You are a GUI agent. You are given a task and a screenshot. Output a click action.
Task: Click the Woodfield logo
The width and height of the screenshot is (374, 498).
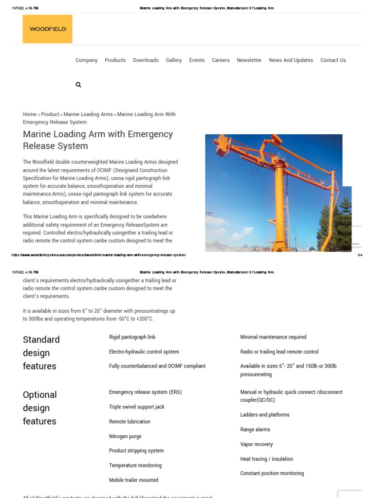pos(47,29)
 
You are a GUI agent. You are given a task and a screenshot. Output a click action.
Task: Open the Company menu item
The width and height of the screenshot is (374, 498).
pos(87,60)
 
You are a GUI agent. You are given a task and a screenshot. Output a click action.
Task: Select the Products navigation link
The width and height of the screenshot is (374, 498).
pos(115,60)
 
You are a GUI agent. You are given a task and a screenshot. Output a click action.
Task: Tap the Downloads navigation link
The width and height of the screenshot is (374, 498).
pos(146,60)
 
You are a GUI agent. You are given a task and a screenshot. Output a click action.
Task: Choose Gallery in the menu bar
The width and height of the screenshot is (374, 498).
pos(173,60)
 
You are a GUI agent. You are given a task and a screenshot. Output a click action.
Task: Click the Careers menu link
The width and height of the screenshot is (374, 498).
pos(220,60)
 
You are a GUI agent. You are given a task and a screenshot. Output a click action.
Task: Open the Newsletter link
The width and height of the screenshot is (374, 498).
pos(249,60)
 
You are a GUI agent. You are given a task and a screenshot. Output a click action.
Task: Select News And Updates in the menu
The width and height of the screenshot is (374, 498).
pos(291,60)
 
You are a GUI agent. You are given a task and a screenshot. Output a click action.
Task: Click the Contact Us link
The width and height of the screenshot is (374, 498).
pos(333,60)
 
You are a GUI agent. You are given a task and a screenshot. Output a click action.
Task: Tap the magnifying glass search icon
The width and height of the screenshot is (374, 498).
pos(78,85)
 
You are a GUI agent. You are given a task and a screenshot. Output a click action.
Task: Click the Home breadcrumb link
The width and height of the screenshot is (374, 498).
pos(29,114)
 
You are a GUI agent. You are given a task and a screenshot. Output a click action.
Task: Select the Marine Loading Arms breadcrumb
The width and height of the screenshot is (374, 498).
pos(88,114)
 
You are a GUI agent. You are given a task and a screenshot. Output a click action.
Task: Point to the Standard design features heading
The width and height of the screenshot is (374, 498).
pos(41,353)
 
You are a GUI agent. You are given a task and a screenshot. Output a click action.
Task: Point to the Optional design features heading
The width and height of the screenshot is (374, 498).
pos(40,408)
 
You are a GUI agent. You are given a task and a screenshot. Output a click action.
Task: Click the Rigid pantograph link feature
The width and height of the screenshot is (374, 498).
pos(132,337)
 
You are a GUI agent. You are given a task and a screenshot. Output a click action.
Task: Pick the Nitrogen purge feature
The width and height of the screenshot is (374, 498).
pos(125,437)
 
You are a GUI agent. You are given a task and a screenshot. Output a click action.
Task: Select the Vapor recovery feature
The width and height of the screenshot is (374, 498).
pos(256,445)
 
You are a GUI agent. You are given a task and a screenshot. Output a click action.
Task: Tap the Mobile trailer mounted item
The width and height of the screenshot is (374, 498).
pos(133,480)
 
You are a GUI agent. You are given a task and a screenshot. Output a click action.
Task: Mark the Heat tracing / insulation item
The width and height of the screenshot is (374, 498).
pos(266,459)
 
